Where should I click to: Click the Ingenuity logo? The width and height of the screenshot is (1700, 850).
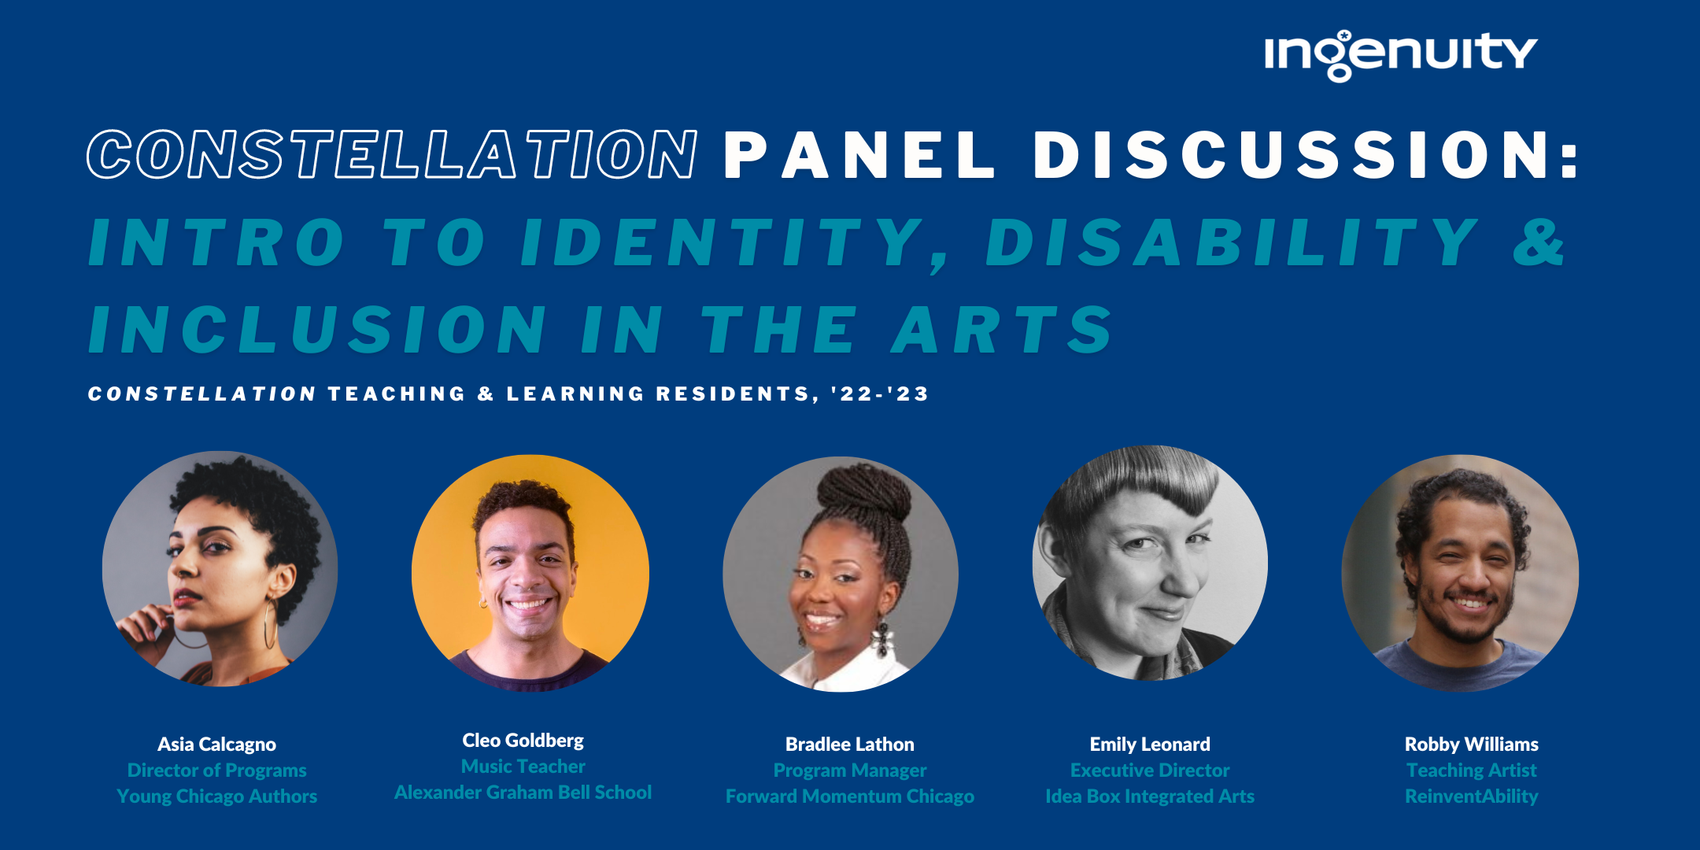coord(1400,55)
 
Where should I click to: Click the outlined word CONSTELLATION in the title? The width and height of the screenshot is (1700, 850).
coord(392,154)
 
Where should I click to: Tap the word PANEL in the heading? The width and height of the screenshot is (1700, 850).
coord(859,154)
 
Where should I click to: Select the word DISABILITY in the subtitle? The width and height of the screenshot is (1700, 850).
coord(1232,242)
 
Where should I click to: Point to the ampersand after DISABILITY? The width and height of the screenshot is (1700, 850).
coord(1539,242)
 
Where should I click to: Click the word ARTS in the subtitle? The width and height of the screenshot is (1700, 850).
coord(1002,329)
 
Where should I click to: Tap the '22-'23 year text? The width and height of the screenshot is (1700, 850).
coord(880,394)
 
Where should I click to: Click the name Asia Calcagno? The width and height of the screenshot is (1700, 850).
coord(216,745)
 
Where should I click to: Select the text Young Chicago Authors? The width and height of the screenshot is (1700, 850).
coord(216,796)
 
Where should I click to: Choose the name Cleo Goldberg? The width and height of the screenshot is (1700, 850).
coord(523,741)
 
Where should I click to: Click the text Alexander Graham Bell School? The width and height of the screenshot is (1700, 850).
coord(523,793)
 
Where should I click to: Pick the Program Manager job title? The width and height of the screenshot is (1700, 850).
coord(850,771)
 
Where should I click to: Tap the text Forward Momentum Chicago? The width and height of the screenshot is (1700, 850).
coord(850,796)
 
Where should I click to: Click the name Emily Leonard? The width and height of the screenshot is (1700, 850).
coord(1150,745)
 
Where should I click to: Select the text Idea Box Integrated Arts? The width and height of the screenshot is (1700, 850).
coord(1150,796)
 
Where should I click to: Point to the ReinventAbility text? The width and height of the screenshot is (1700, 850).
coord(1471,796)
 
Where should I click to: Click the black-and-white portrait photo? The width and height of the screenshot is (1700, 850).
coord(1150,564)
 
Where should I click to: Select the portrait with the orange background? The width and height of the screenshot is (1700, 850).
coord(530,573)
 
